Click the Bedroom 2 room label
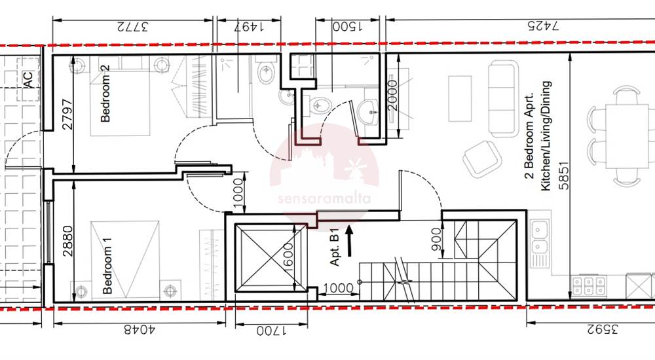[105, 93]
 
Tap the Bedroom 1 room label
[107, 265]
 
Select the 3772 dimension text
[132, 27]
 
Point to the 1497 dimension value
[248, 27]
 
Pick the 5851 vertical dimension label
[563, 175]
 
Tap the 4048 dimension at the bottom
[140, 330]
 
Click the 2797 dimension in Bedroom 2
[67, 114]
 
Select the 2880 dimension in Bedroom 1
[67, 241]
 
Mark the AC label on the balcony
[28, 80]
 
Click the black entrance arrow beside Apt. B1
[349, 241]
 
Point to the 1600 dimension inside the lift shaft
[288, 258]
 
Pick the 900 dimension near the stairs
[436, 239]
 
